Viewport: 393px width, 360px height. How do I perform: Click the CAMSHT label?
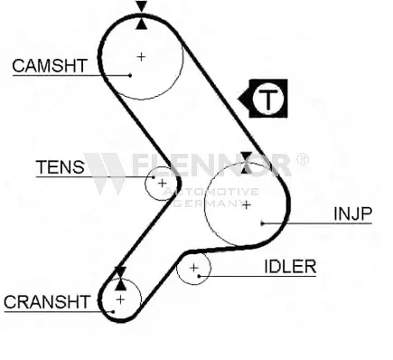coord(50,65)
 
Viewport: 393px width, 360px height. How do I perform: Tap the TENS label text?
coord(61,166)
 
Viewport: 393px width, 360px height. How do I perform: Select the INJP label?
coord(353,213)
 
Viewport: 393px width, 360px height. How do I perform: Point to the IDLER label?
coord(290,266)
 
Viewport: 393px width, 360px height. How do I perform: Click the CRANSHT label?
coord(47,301)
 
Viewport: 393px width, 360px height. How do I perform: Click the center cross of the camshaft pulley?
coord(141,56)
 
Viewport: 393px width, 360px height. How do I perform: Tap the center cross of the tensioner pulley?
coord(162,183)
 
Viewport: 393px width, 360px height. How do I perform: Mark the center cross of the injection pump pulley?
coord(247,205)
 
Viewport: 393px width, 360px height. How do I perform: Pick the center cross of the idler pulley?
coord(194,268)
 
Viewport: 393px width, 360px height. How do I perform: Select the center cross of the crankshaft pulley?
coord(120,299)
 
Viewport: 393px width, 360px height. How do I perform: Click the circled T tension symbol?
coord(267,99)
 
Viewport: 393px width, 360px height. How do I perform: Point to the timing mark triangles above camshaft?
coord(141,15)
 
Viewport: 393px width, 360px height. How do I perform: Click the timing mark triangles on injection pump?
coord(247,163)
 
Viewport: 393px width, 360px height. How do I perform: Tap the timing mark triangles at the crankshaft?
coord(120,279)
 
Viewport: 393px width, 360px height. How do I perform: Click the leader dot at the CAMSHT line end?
coord(130,75)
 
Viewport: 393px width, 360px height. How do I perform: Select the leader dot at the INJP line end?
coord(262,223)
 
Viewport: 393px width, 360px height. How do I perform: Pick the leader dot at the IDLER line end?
coord(199,276)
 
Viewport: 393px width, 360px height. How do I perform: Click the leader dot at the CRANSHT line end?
coord(113,311)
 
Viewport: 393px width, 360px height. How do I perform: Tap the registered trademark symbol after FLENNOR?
coord(303,159)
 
